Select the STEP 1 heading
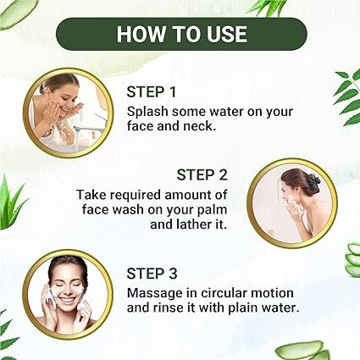152,92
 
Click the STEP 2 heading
202,174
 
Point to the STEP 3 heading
152,274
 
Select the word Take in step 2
90,195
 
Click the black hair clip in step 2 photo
314,182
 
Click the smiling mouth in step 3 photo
67,299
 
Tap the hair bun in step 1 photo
42,89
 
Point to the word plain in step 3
244,307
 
